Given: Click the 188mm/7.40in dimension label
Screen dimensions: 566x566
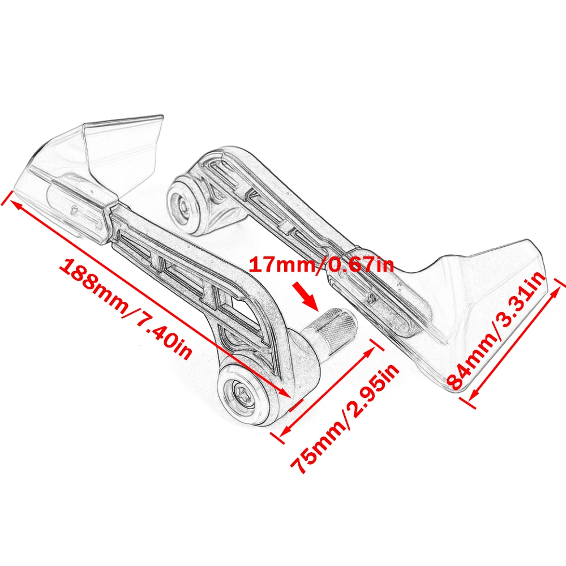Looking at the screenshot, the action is pos(127,308).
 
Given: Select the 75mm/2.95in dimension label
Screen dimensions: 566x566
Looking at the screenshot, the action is pos(345,419).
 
